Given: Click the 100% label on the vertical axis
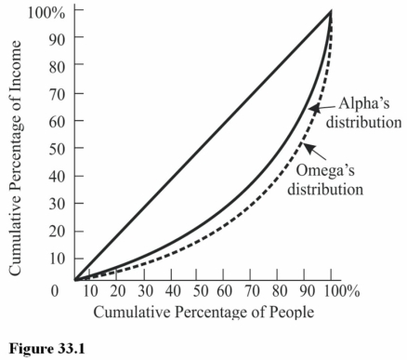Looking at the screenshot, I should (46, 12).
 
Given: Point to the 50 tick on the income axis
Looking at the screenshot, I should (55, 149).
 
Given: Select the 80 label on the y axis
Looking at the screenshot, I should (55, 66).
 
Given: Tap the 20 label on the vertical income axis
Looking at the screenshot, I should (55, 232).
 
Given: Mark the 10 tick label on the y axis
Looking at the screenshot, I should (55, 259).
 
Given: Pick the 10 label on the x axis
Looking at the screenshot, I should (91, 292).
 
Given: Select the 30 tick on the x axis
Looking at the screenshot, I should (144, 292).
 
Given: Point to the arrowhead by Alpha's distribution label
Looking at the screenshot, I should (313, 110).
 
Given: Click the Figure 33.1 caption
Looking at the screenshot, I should (41, 348).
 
